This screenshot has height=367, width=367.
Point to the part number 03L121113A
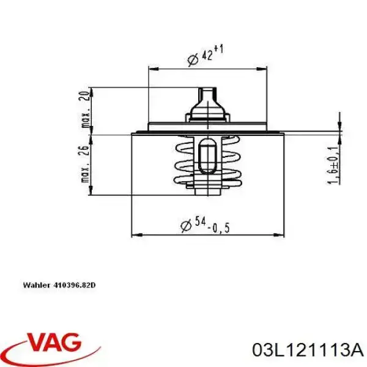pos(306,350)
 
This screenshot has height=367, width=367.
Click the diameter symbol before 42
pos(191,59)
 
